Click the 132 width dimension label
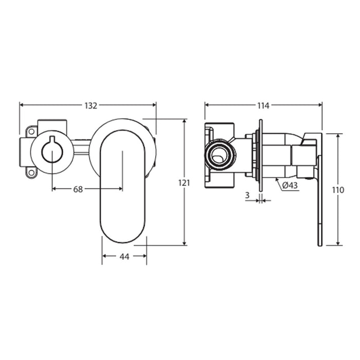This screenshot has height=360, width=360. click(x=91, y=105)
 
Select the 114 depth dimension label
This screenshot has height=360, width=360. click(x=263, y=105)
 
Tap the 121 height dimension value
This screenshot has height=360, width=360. click(x=184, y=183)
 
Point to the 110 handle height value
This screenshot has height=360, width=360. click(x=338, y=190)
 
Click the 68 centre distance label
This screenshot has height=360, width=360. click(x=78, y=189)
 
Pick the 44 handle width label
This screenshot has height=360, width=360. click(x=124, y=257)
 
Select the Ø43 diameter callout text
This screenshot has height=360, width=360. click(x=290, y=185)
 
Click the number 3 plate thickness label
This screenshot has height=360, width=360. click(x=247, y=195)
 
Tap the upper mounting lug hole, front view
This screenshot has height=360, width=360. click(x=31, y=132)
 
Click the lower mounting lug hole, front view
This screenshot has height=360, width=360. click(x=31, y=172)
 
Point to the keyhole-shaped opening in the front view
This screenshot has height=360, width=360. click(x=52, y=150)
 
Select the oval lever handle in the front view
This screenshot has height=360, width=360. click(x=123, y=186)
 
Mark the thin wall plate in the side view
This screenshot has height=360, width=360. click(x=261, y=155)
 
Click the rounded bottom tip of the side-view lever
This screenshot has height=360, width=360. click(x=320, y=245)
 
